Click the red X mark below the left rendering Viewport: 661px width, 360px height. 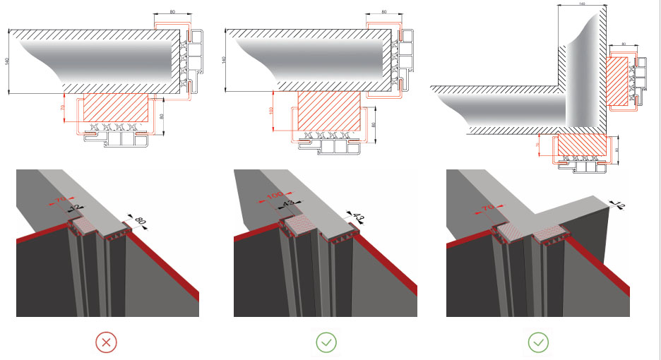tap(106, 343)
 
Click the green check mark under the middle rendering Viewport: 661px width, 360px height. tap(326, 343)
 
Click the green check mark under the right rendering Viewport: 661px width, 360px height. tap(538, 343)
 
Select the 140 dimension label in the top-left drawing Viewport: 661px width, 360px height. tap(7, 61)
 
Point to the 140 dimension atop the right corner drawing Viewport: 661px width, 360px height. tap(582, 4)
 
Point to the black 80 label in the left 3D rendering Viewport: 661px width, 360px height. tap(141, 222)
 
